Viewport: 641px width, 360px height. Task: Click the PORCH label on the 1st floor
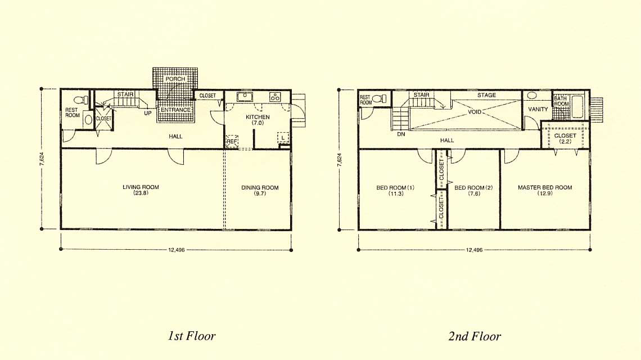coord(175,79)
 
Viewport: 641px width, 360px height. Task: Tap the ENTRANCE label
coord(175,110)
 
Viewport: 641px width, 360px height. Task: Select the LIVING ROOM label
coord(141,187)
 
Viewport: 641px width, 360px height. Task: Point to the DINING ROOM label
coord(260,187)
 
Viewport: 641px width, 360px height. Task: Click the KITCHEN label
coord(258,117)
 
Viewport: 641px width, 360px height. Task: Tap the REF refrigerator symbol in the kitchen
coord(232,141)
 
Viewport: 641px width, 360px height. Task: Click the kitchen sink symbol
coord(245,97)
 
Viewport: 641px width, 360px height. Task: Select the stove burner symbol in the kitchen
coord(275,97)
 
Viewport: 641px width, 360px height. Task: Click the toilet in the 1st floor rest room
coord(82,100)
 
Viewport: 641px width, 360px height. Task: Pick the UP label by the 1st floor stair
coord(147,113)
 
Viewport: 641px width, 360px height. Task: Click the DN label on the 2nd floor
coord(401,134)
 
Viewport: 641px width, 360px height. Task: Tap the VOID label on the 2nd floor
coord(475,111)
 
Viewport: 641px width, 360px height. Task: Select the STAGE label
coord(486,95)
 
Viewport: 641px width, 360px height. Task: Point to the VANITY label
coord(538,109)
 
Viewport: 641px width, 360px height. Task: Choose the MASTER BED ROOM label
coord(545,187)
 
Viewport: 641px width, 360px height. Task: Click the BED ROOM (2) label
coord(474,188)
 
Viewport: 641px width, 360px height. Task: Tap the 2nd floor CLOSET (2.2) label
coord(565,138)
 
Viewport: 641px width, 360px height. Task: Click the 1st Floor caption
coord(192,336)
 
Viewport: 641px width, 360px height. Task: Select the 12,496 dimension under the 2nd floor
coord(474,250)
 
